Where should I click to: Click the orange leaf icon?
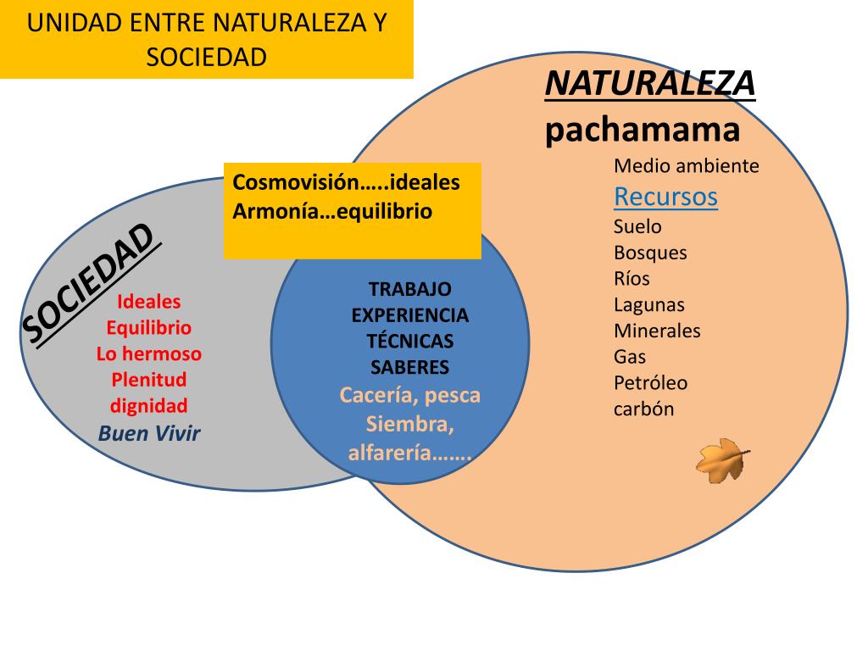pyautogui.click(x=723, y=460)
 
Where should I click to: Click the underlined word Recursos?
pyautogui.click(x=665, y=197)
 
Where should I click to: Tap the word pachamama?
pyautogui.click(x=643, y=130)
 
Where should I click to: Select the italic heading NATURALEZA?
pyautogui.click(x=649, y=84)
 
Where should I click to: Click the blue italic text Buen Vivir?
pyautogui.click(x=149, y=433)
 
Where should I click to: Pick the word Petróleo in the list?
pyautogui.click(x=650, y=382)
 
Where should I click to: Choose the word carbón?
pyautogui.click(x=643, y=409)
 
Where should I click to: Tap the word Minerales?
pyautogui.click(x=657, y=331)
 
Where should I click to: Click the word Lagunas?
pyautogui.click(x=648, y=304)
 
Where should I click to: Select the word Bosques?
pyautogui.click(x=650, y=253)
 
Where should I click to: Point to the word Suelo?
pyautogui.click(x=637, y=226)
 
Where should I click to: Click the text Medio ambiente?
pyautogui.click(x=686, y=166)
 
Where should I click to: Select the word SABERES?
pyautogui.click(x=409, y=367)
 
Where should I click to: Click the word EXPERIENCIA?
pyautogui.click(x=409, y=315)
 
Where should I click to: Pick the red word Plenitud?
pyautogui.click(x=149, y=379)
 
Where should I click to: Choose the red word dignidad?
pyautogui.click(x=149, y=405)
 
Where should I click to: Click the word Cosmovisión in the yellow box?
pyautogui.click(x=291, y=182)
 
